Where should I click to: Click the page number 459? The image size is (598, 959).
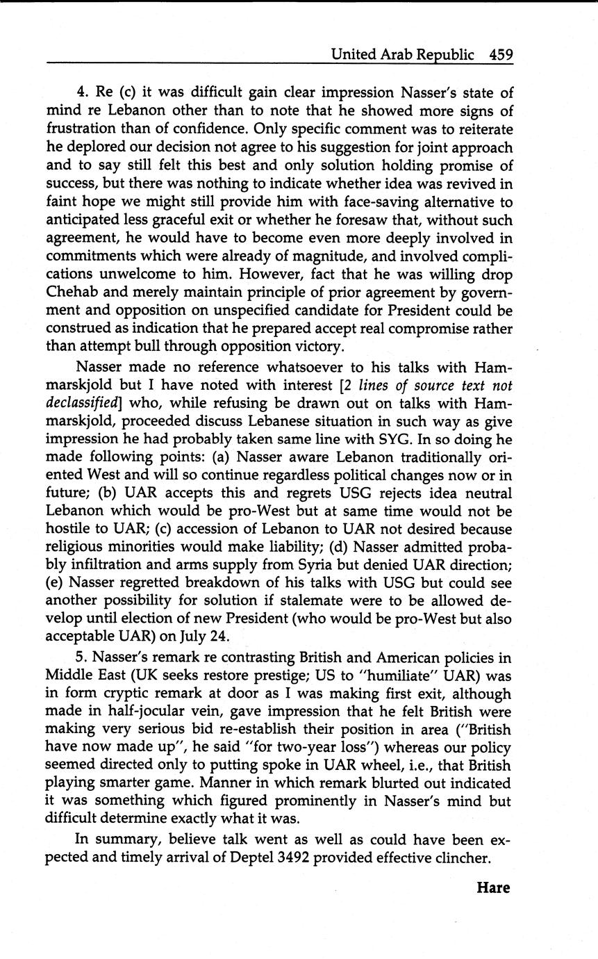coord(501,54)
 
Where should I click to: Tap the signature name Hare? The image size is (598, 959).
coord(493,887)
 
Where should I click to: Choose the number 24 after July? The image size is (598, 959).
coord(218,636)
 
